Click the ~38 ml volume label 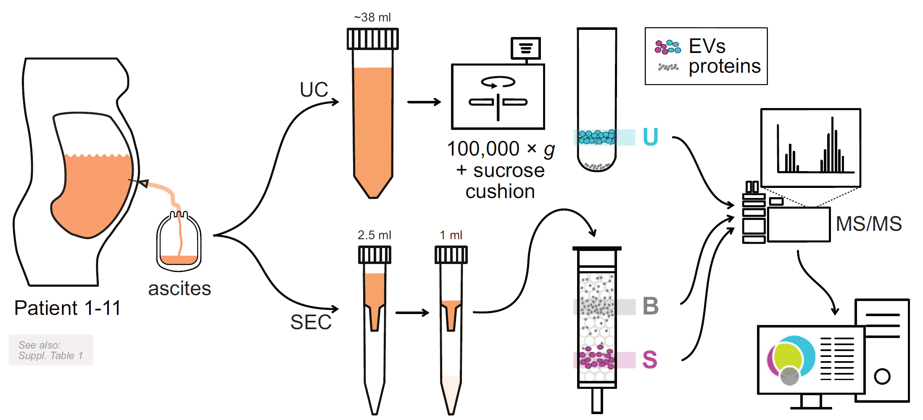pos(372,17)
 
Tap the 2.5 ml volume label pos(374,235)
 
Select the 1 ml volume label pos(451,235)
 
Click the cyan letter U pos(650,137)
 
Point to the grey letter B pos(650,306)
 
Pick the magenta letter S pos(649,360)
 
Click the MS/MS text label pos(868,224)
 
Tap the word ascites pos(179,289)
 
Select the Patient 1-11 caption pos(67,308)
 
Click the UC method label pos(314,90)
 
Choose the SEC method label pos(311,322)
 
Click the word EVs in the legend pos(707,46)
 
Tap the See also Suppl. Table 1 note pos(51,350)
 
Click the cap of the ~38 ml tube pos(372,39)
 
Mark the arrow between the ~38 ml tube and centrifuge pos(424,102)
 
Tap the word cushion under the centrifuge pos(500,192)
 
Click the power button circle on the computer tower pos(882,376)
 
